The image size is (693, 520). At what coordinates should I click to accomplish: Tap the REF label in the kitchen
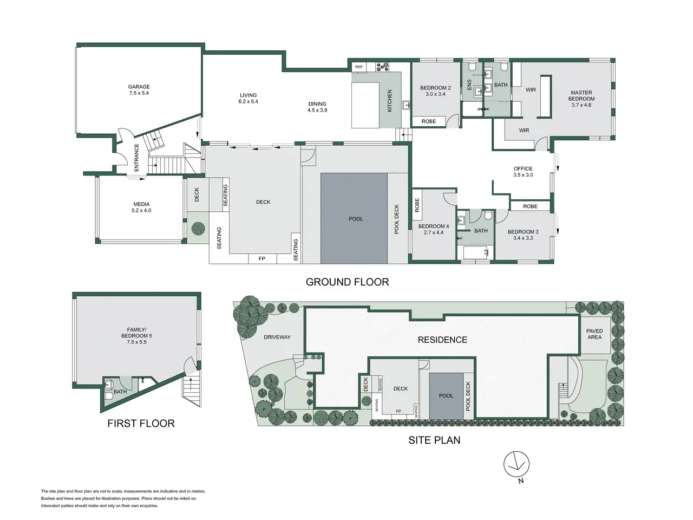coord(358,67)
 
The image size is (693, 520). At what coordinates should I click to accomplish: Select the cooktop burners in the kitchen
coord(382,67)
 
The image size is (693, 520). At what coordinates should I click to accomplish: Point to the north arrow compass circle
coord(516,464)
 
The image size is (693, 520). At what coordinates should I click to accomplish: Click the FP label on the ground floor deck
coord(261,259)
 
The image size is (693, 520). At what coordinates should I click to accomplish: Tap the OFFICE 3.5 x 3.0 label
coord(523,172)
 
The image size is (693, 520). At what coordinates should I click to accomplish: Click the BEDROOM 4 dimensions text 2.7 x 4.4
coord(434,232)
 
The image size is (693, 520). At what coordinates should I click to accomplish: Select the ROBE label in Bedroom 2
coord(428,121)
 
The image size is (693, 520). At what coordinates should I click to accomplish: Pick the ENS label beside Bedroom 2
coord(469,84)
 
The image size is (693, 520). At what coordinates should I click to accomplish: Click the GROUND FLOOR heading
coord(347,282)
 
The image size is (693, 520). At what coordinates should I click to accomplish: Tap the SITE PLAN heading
coord(434,440)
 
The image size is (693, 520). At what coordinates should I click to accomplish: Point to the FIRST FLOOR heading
coord(141,424)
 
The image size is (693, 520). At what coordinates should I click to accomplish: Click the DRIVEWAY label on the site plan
coord(277,337)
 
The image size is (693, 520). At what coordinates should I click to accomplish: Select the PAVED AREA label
coord(594,334)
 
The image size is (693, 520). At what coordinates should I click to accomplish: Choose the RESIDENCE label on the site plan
coord(442,340)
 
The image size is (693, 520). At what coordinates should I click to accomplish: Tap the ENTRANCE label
coord(136,158)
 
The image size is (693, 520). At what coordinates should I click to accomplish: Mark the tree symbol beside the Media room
coord(198,228)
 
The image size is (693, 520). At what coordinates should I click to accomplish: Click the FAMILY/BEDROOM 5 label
coord(137,336)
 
